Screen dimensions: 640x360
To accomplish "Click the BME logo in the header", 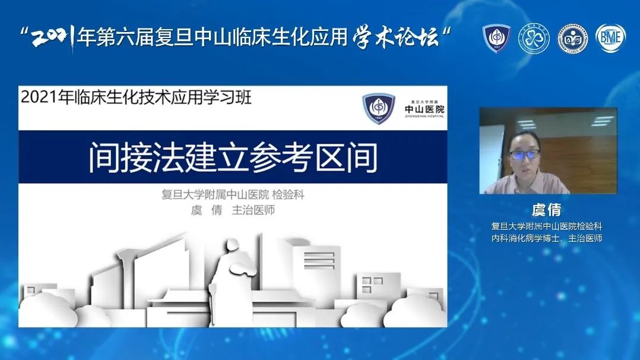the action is click(610, 38).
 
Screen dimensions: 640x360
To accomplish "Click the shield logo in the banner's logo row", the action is click(496, 38).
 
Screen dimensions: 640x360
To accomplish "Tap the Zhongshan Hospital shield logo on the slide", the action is click(379, 108).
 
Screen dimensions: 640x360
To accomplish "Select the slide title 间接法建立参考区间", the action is click(233, 157).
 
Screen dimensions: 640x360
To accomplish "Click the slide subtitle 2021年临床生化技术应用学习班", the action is click(136, 97).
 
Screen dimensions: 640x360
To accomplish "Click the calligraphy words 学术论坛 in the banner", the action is click(395, 37).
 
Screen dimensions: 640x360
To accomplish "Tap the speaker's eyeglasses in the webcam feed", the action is click(524, 154).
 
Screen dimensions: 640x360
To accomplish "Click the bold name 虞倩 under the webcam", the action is click(547, 210).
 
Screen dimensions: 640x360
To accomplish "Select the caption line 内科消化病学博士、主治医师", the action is click(547, 238).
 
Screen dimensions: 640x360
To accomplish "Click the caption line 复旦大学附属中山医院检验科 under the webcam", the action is click(547, 226).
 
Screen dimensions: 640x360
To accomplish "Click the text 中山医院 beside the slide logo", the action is click(424, 109).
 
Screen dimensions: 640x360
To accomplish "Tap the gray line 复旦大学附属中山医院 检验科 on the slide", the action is click(233, 194).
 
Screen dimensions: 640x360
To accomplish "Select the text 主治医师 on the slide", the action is click(253, 210).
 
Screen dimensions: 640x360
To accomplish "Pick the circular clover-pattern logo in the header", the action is click(534, 39).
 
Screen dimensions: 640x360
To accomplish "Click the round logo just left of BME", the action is click(573, 39).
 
